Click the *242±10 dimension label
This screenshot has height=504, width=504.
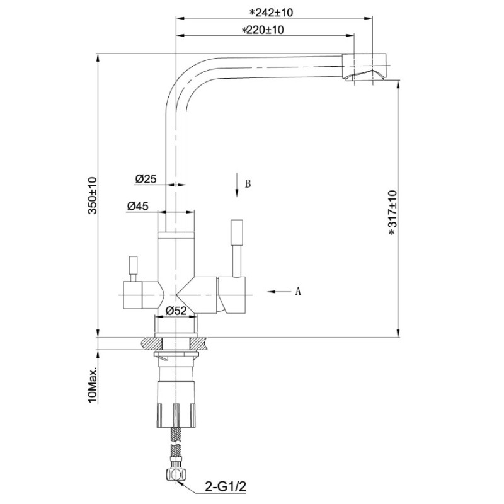[272, 13]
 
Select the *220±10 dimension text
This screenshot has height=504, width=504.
[263, 30]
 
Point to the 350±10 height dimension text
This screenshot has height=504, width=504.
[93, 195]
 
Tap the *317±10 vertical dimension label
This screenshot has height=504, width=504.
[392, 213]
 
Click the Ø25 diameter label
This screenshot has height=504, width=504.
[146, 179]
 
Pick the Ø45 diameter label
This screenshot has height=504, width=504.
[137, 206]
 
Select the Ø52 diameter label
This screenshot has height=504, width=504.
[176, 311]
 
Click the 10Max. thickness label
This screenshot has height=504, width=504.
[93, 385]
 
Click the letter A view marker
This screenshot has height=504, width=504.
[298, 291]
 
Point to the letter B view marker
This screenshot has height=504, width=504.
[248, 183]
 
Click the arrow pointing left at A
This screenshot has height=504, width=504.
[280, 292]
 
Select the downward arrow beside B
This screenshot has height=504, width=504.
[237, 185]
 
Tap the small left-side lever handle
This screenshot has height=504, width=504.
[133, 265]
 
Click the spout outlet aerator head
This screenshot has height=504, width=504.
[364, 67]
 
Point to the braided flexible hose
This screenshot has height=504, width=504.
[176, 449]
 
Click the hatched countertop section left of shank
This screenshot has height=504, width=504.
[152, 343]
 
